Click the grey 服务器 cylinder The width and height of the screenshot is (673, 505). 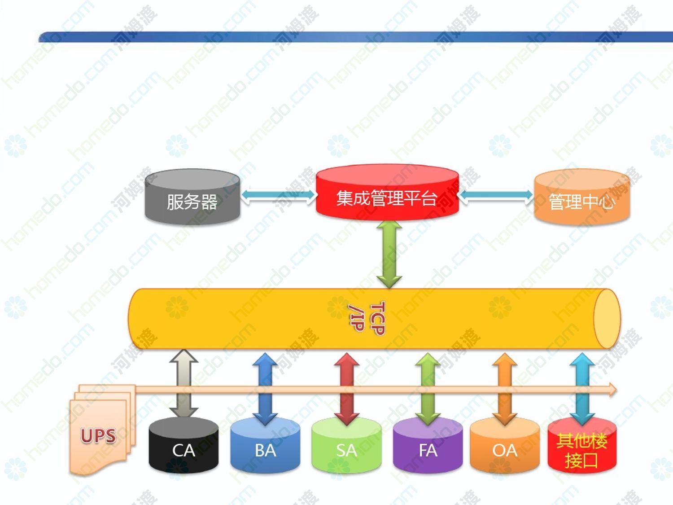click(192, 197)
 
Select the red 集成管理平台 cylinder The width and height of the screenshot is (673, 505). click(387, 192)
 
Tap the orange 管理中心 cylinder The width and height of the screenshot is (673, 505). click(582, 197)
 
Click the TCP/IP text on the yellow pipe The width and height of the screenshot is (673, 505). click(367, 318)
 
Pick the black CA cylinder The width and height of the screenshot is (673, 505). click(184, 445)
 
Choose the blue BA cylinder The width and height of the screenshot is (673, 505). click(265, 445)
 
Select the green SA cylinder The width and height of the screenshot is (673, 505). click(346, 445)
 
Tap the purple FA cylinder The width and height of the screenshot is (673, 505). click(428, 445)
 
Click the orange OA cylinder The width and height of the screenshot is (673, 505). click(505, 445)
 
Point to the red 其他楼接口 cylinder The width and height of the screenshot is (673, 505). click(582, 445)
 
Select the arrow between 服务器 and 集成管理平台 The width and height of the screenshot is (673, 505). click(278, 196)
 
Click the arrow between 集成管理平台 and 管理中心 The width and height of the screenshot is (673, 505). click(496, 196)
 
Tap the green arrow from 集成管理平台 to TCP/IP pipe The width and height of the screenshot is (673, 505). click(389, 255)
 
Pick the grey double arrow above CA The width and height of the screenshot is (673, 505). click(184, 384)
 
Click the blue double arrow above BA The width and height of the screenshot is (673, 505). click(265, 389)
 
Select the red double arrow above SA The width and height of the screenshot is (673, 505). click(347, 389)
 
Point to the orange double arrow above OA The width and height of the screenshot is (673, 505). click(505, 389)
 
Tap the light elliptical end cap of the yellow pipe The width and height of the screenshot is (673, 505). click(607, 319)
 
